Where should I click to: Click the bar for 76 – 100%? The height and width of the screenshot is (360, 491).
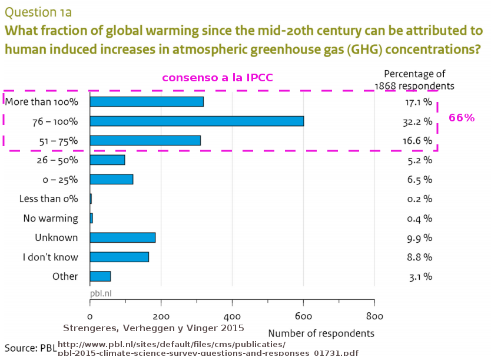197,121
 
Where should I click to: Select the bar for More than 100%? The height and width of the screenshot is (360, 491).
147,101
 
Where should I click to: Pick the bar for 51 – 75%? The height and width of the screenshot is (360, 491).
145,140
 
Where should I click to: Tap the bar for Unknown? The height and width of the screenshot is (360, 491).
122,237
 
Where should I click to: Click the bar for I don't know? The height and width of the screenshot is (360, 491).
119,257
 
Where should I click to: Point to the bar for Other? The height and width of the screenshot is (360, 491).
100,276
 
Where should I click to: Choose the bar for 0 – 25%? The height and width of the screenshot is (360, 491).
111,179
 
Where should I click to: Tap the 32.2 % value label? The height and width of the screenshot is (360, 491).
420,121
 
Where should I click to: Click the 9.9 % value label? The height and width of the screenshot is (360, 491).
420,238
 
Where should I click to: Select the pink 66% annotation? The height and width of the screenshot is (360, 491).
462,118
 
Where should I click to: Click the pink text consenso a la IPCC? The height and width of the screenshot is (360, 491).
217,78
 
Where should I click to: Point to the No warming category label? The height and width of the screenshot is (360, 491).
51,218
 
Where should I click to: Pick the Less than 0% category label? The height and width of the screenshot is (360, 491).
48,199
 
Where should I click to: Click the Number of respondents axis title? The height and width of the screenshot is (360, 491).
321,333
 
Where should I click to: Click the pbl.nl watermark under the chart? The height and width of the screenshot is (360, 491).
101,293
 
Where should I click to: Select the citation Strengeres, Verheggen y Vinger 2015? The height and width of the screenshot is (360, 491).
153,328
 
